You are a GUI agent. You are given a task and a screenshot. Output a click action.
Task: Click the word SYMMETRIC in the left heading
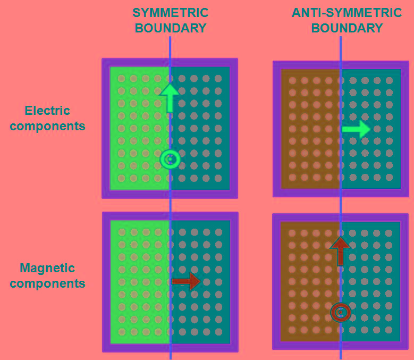tap(170, 13)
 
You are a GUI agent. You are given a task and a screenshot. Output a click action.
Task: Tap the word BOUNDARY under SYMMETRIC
tap(170, 28)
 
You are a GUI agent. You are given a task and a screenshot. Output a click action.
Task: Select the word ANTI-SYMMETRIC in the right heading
tap(347, 13)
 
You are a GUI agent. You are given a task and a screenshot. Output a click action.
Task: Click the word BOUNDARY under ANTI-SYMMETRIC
tap(347, 28)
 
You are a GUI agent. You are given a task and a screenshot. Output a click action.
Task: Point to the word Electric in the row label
tap(47, 111)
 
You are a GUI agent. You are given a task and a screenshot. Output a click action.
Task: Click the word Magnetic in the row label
tap(47, 268)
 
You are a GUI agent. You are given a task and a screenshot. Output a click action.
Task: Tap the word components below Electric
tap(47, 126)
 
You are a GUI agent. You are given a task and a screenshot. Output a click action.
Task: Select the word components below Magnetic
tap(47, 283)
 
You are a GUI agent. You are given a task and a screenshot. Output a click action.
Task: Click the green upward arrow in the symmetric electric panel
tap(170, 97)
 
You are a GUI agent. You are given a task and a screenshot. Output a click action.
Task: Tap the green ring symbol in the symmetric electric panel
tap(170, 159)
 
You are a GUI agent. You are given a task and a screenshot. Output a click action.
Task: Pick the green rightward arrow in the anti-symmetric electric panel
tap(356, 129)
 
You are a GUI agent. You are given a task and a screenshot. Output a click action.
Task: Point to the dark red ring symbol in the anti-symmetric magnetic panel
tap(340, 313)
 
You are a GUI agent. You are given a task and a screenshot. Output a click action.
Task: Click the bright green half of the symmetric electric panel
tap(139, 128)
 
